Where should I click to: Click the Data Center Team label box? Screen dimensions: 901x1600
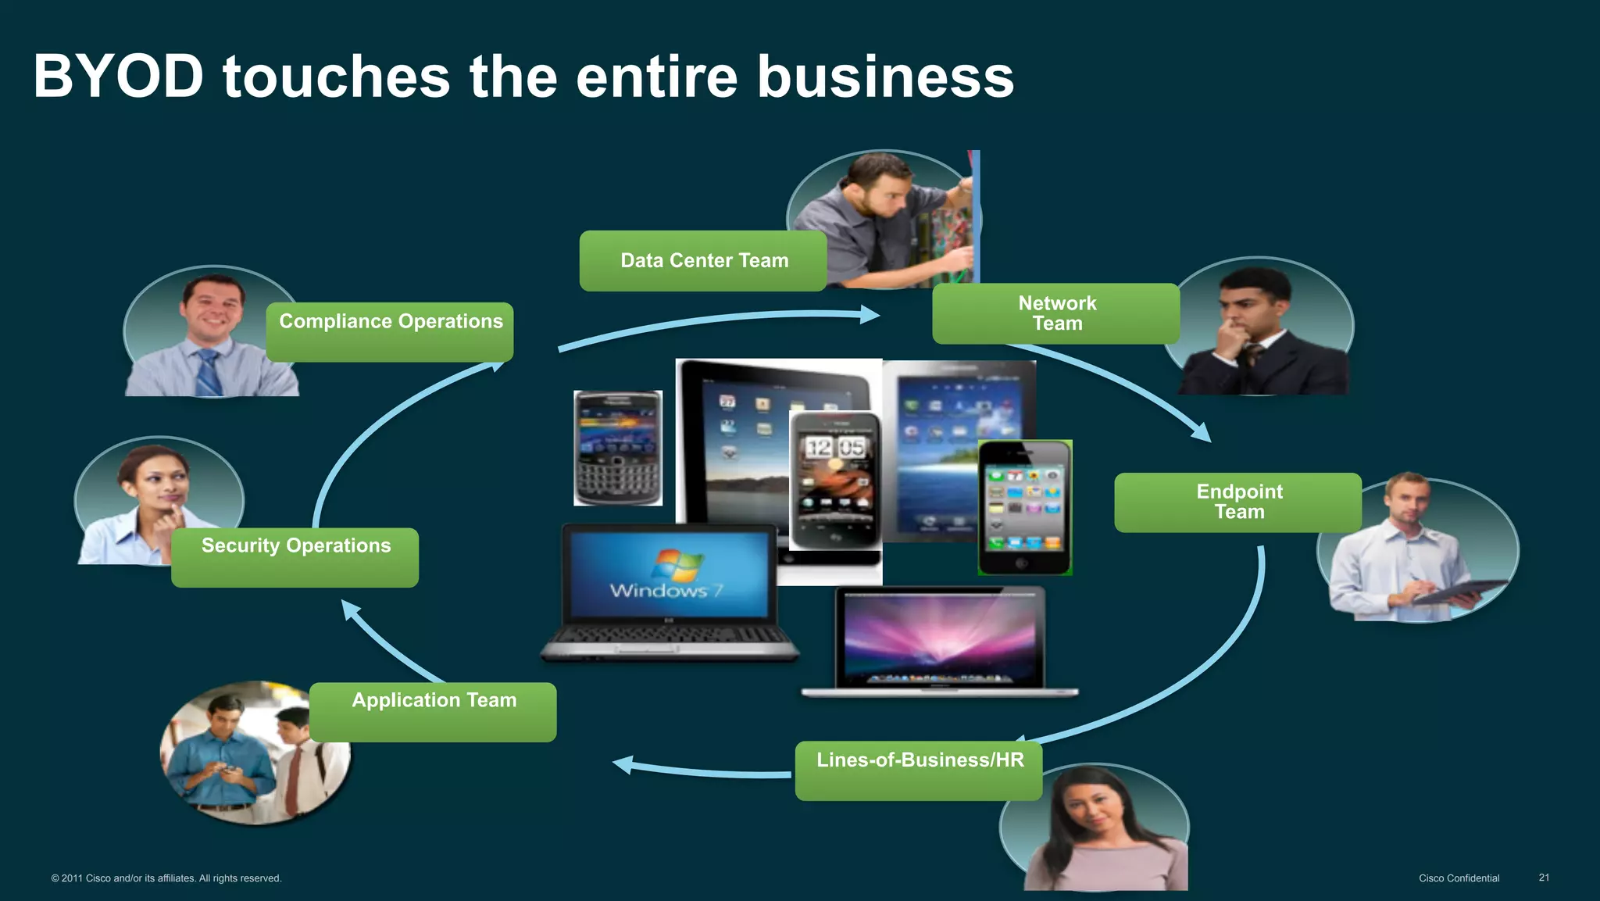tap(703, 261)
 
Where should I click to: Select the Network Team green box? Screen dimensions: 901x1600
tap(1056, 313)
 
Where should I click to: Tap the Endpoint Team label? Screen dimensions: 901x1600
tap(1238, 502)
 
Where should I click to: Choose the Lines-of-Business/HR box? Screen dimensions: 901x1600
tap(919, 770)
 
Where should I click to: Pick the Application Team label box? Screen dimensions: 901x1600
tap(434, 711)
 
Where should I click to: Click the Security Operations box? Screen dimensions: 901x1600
tap(295, 556)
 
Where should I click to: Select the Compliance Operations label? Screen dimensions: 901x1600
tap(390, 331)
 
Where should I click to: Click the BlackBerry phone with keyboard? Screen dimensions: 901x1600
tap(618, 448)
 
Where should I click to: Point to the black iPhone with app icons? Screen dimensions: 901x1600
tap(1024, 507)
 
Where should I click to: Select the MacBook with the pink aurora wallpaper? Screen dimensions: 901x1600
tap(941, 638)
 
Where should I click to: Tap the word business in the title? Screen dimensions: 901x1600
tap(885, 77)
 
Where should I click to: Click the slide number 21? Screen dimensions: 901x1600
tap(1544, 878)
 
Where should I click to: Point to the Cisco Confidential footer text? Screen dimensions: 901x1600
tap(1459, 878)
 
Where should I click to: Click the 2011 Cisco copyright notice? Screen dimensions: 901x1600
tap(166, 878)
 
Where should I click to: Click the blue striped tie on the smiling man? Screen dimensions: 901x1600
tap(209, 373)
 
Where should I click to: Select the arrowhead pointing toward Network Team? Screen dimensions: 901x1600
tap(870, 315)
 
